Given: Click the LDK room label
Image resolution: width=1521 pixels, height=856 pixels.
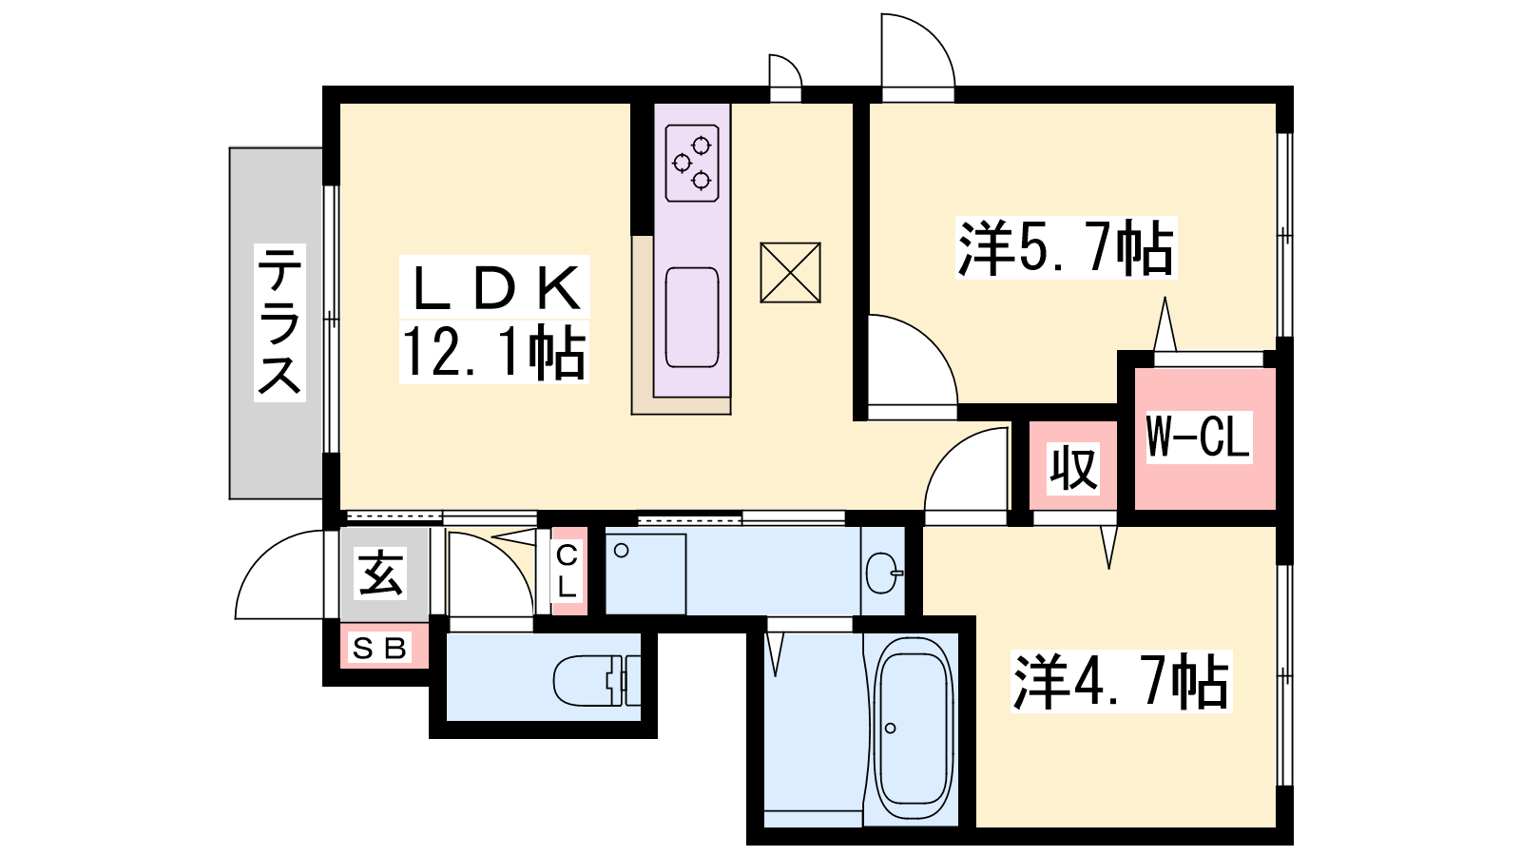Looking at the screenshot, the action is tap(495, 286).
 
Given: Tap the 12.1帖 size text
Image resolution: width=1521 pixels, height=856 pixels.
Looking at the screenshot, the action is tap(493, 352).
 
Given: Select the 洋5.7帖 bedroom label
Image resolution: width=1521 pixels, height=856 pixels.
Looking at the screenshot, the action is tap(1066, 247).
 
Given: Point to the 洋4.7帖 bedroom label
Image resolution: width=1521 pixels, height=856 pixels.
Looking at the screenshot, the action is tap(1121, 681).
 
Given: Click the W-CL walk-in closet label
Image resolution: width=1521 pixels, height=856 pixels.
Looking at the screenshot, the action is tap(1199, 437).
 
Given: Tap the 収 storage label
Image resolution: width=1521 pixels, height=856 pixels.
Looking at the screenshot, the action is tap(1073, 467).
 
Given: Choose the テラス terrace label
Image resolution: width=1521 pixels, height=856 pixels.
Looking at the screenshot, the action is tap(279, 322).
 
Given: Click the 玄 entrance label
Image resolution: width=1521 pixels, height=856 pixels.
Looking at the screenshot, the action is tap(381, 573).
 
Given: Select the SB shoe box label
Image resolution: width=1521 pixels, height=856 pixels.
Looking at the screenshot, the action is tap(380, 649).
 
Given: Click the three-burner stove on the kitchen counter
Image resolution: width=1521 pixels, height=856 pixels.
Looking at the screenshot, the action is tap(692, 163).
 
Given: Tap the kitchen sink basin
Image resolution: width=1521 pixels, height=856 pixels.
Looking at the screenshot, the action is tap(692, 318).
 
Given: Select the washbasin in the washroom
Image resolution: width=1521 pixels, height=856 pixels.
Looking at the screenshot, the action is tap(884, 573).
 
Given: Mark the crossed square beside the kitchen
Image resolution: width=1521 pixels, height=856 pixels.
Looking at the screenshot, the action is tap(790, 272).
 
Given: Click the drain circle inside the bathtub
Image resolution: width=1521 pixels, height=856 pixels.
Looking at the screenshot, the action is tap(890, 729).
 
